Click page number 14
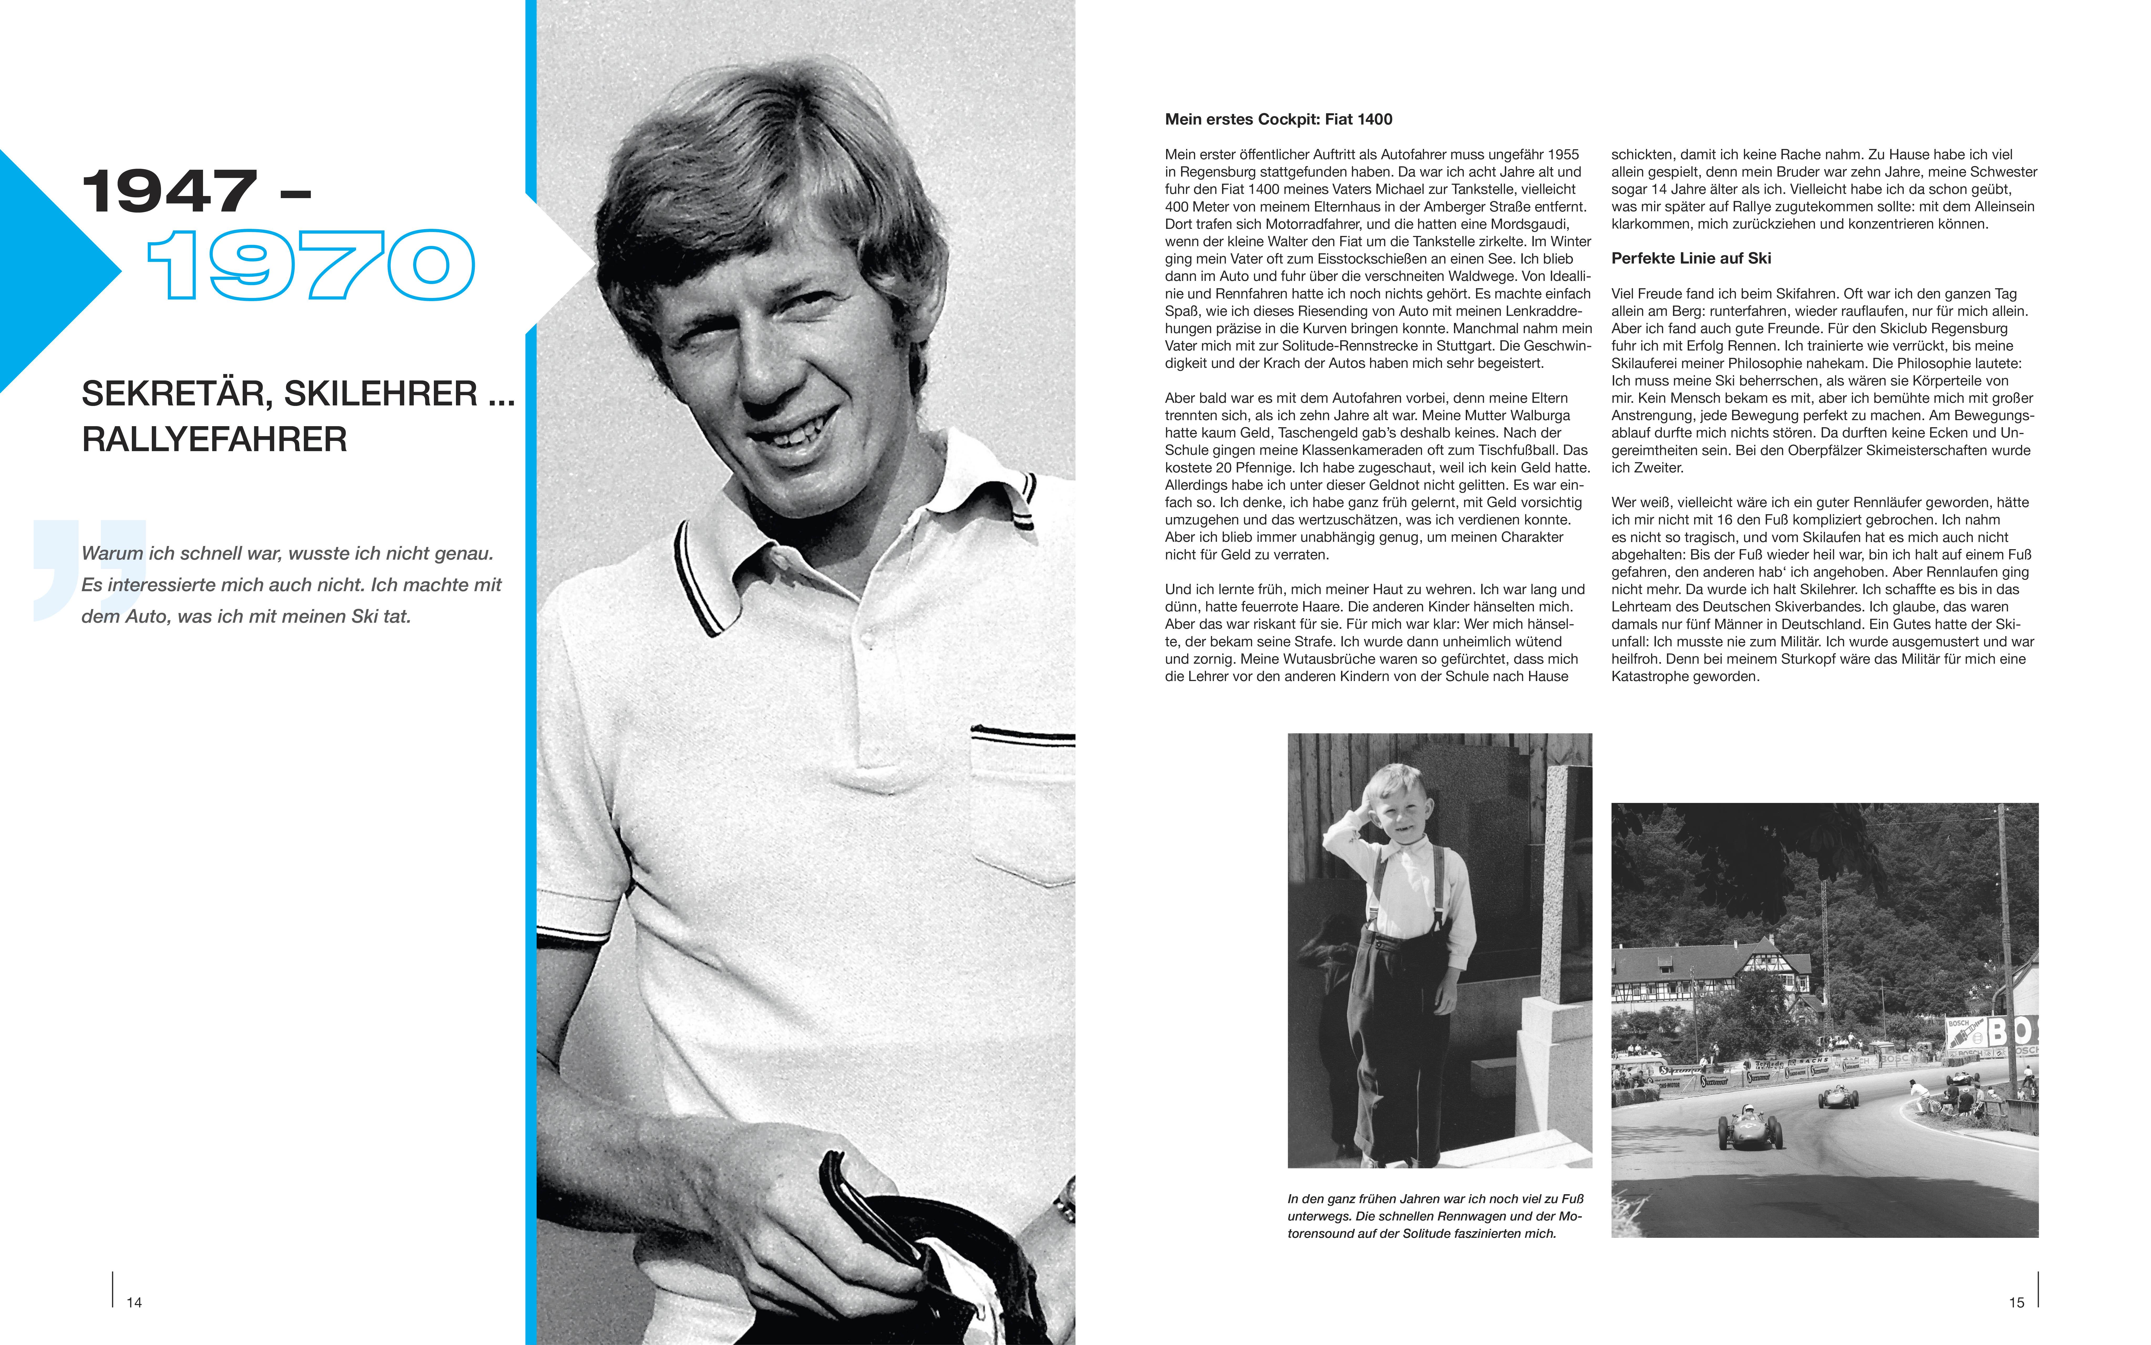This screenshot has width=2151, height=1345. pyautogui.click(x=134, y=1302)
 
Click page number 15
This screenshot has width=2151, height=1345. pyautogui.click(x=2016, y=1302)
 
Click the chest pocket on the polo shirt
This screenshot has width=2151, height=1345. pyautogui.click(x=1023, y=801)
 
